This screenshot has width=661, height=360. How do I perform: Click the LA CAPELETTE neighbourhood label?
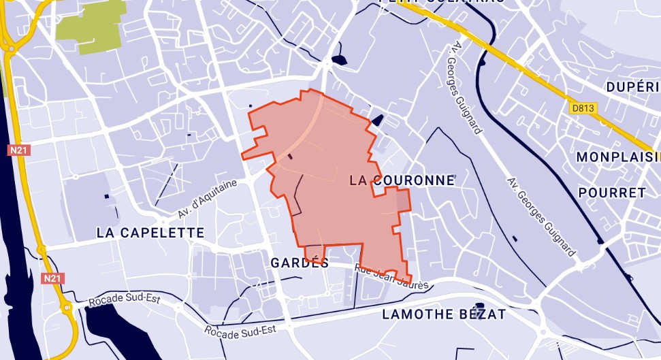tap(150, 233)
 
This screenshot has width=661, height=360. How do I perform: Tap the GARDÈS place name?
tap(300, 263)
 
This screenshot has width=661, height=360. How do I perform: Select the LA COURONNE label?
tap(401, 180)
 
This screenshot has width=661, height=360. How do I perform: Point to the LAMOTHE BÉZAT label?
tap(444, 314)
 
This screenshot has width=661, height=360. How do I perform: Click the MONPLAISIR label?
tap(617, 157)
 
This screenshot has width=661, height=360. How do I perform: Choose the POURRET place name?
tap(611, 193)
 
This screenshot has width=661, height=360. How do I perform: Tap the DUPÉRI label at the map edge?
tap(632, 87)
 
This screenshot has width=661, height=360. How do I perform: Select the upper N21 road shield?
tap(18, 150)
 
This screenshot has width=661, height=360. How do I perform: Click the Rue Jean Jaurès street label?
tap(391, 277)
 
